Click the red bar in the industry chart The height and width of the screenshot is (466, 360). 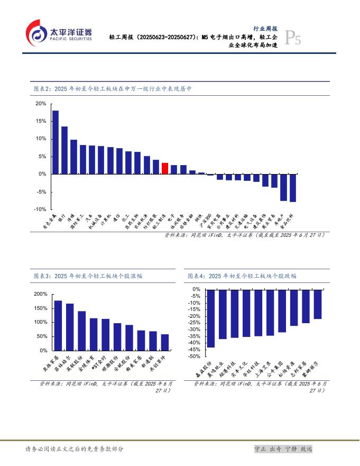[165, 168]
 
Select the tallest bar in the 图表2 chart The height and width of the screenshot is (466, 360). [55, 142]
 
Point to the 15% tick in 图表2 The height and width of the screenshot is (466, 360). [41, 121]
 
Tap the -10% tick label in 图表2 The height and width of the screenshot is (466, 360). [40, 209]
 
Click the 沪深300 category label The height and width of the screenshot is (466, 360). [208, 220]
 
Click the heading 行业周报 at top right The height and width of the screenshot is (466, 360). [265, 29]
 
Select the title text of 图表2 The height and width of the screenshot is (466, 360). [112, 89]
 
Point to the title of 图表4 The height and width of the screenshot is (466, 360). [242, 276]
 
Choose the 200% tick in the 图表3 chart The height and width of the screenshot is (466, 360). [41, 294]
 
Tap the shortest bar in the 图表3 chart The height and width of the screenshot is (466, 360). [165, 342]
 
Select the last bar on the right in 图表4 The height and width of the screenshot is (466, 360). [318, 304]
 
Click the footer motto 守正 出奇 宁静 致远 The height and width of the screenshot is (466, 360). [283, 449]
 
